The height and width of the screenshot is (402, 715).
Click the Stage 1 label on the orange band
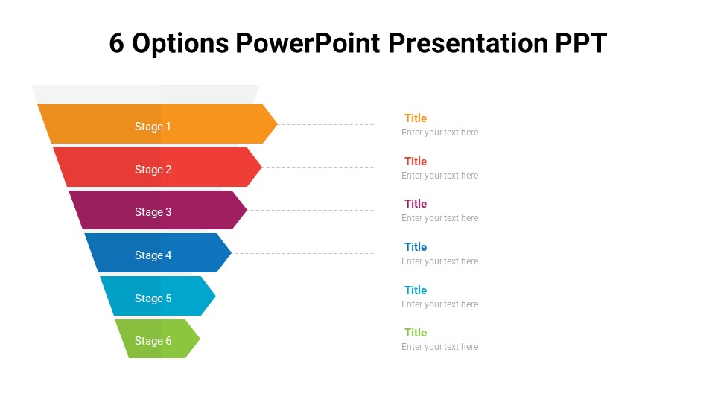point(153,127)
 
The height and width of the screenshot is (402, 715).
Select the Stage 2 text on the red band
point(153,170)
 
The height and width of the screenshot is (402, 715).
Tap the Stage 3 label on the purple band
point(153,212)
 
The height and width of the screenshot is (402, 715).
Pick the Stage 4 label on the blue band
point(153,255)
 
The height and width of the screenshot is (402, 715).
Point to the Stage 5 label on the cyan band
point(153,299)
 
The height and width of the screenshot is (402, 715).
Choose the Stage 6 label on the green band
point(153,341)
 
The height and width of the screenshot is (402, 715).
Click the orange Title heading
point(416,118)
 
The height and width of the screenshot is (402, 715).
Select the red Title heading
point(416,161)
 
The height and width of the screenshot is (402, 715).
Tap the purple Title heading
point(416,203)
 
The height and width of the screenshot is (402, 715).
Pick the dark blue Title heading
point(416,246)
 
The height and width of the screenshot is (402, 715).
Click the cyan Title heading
point(416,290)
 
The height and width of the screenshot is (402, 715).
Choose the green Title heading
point(416,332)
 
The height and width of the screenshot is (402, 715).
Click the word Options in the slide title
point(180,44)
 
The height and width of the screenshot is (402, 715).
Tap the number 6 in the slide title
point(116,44)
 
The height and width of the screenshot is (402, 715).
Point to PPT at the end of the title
point(580,44)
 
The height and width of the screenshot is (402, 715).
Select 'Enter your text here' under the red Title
point(439,176)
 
